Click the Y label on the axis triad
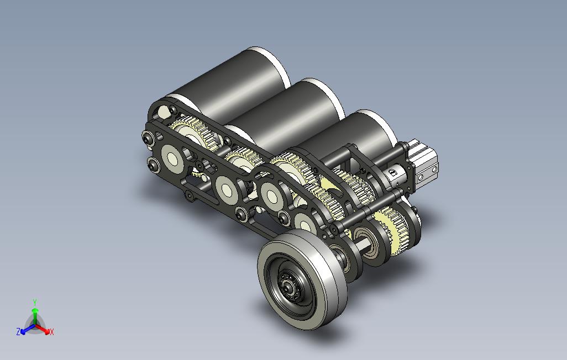coord(34,302)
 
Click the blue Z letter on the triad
coord(18,331)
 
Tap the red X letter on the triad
coord(51,332)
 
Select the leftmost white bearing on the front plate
coord(172,158)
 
